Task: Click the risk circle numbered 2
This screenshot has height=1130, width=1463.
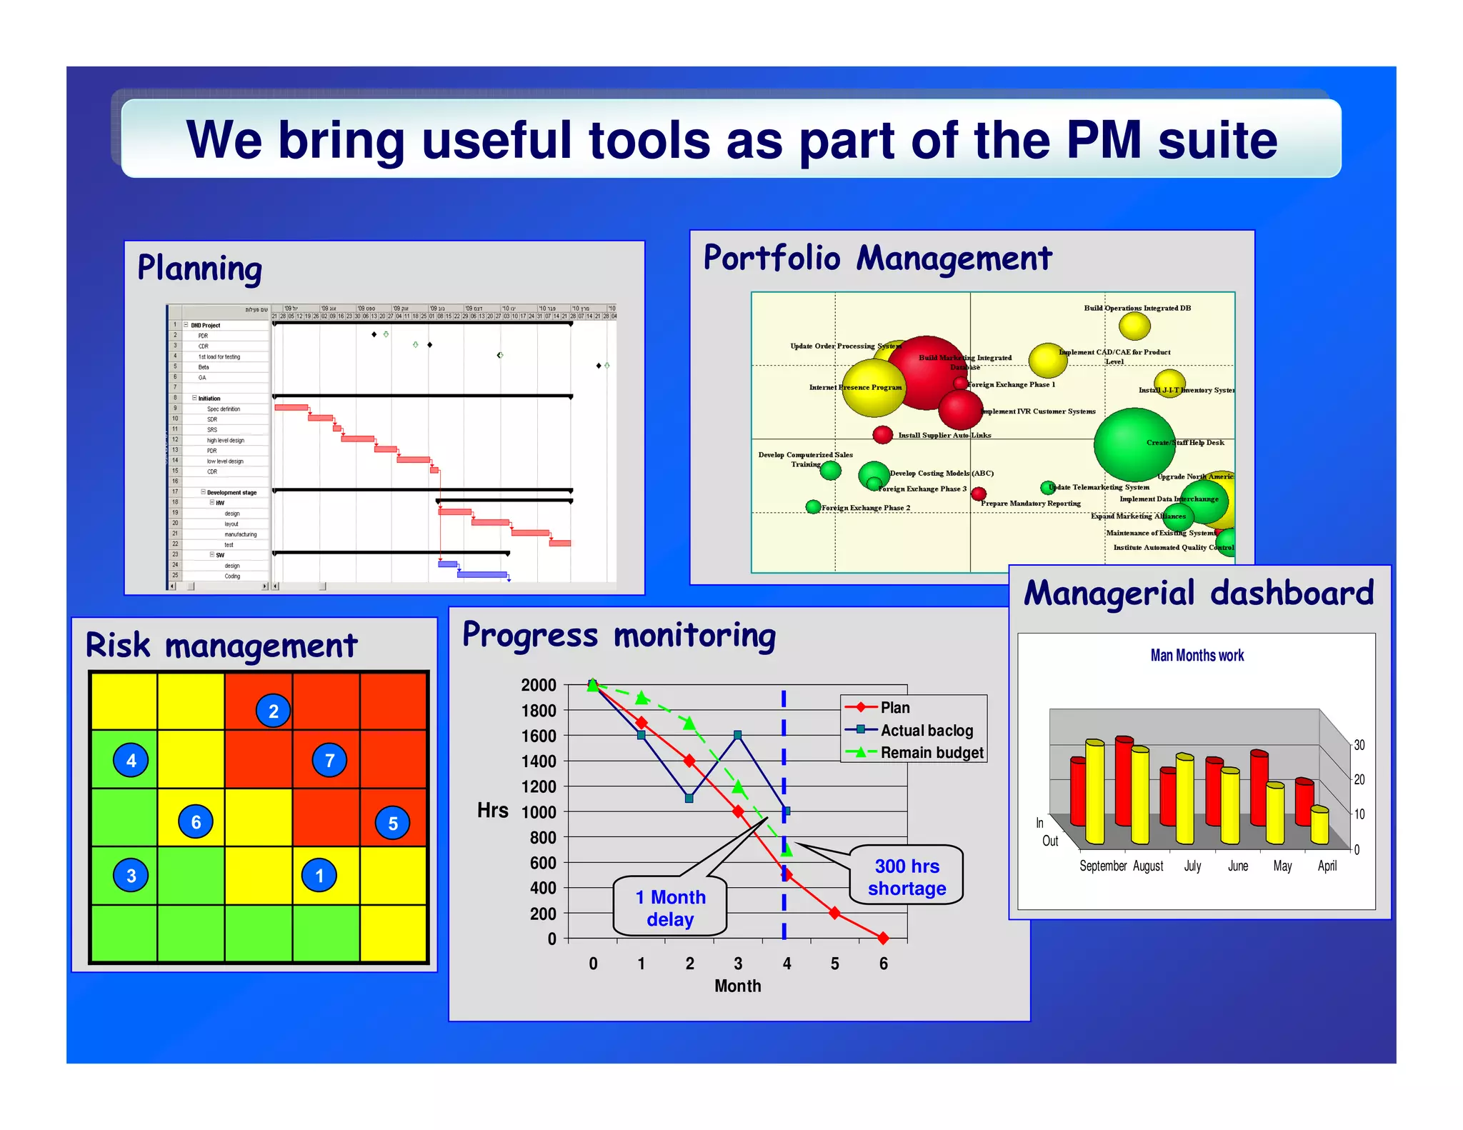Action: tap(273, 711)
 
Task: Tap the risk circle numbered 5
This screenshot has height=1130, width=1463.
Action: tap(393, 823)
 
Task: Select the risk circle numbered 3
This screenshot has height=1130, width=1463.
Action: tap(131, 876)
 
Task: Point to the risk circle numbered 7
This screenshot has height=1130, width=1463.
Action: tap(329, 760)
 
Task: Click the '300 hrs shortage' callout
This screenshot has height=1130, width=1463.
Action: tap(907, 876)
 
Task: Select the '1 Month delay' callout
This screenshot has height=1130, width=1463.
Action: tap(670, 908)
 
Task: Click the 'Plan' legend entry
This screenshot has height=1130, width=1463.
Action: tap(894, 707)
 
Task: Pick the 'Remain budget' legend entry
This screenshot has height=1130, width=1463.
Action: tap(932, 752)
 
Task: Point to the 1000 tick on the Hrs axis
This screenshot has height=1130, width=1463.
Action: tap(539, 812)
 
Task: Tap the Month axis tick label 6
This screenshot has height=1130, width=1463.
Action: tap(884, 964)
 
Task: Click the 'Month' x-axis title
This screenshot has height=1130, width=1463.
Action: tap(738, 986)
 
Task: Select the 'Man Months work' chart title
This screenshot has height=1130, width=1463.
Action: tap(1197, 655)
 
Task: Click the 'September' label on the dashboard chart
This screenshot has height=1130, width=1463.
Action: tap(1103, 866)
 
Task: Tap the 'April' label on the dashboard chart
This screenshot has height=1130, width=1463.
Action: tap(1327, 866)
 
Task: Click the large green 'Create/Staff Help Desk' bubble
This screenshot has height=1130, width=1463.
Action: tap(1134, 444)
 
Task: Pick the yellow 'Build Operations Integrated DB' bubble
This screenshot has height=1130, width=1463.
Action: tap(1134, 326)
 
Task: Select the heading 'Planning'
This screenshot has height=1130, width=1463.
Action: tap(200, 269)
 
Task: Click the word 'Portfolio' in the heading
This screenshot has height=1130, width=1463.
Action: tap(772, 258)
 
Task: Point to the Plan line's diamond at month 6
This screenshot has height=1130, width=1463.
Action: tap(884, 937)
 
